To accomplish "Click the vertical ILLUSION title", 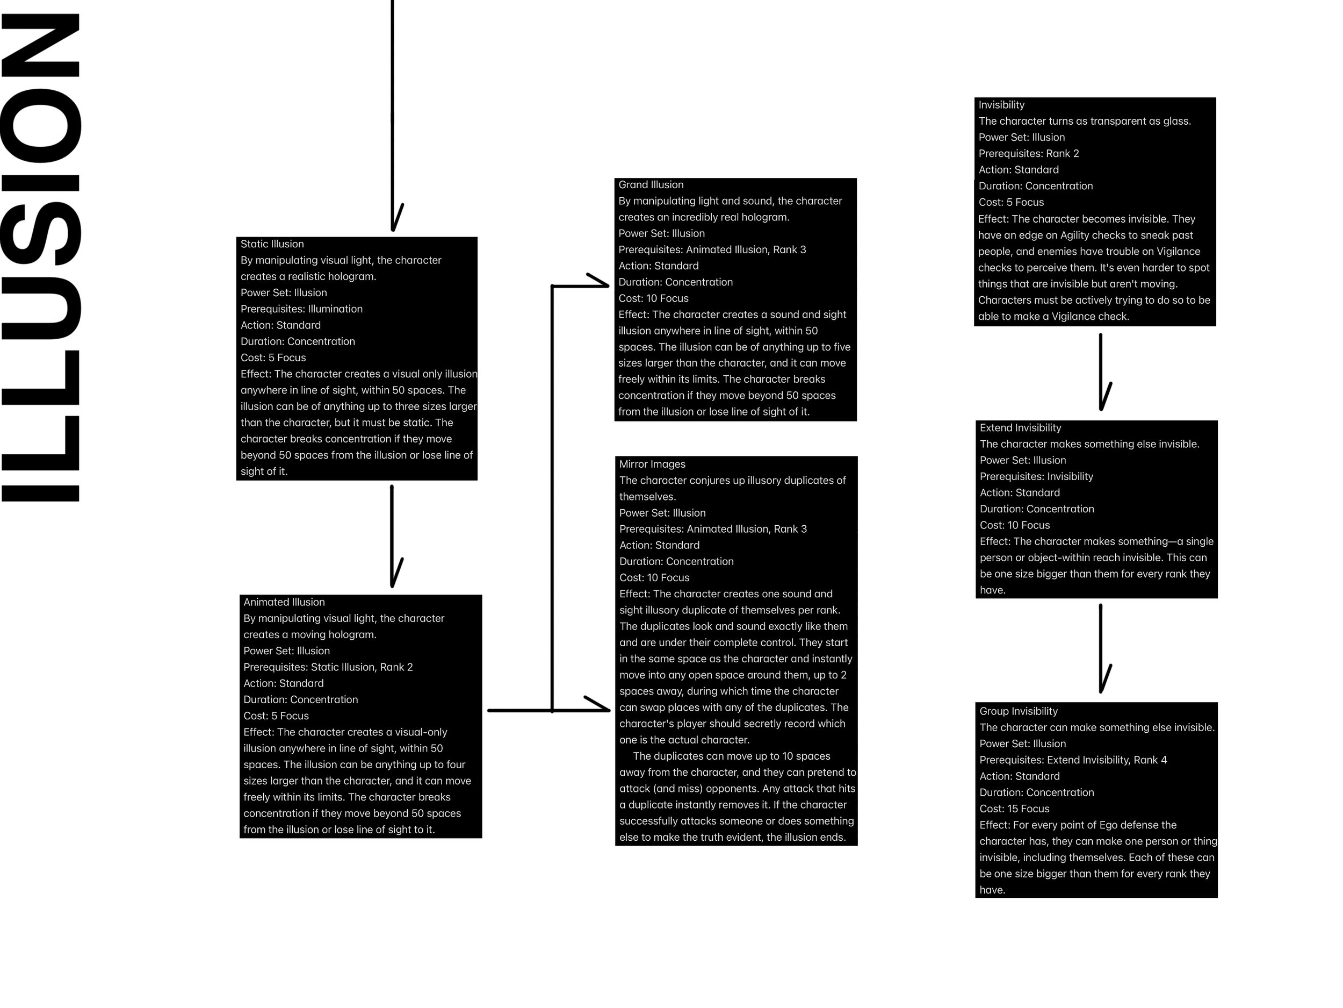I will point(41,258).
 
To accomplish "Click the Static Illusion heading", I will point(272,244).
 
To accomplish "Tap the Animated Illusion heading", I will point(284,602).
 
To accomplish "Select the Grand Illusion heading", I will point(651,185).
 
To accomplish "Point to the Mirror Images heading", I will point(652,464).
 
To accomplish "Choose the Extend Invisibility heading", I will point(1020,428).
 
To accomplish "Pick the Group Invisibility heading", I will point(1018,711).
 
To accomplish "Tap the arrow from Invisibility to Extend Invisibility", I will point(1101,370).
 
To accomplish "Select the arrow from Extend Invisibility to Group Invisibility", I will point(1101,648).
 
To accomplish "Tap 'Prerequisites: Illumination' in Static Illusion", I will point(301,309).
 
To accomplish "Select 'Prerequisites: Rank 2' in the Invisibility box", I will point(1029,154).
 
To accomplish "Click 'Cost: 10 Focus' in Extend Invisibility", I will point(1015,525).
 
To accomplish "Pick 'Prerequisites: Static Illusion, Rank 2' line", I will point(328,667).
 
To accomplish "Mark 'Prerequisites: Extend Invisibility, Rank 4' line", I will point(1073,760).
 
